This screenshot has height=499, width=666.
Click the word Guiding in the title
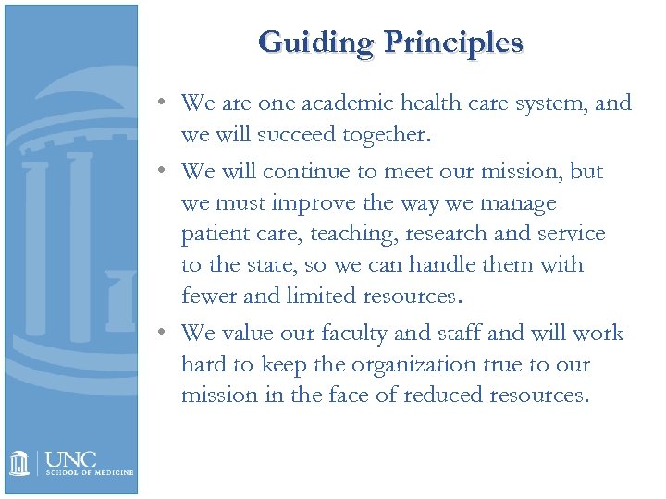tap(315, 42)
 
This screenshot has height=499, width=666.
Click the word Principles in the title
tap(454, 42)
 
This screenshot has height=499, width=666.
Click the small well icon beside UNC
tap(20, 462)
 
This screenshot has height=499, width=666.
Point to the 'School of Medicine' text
tap(89, 472)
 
